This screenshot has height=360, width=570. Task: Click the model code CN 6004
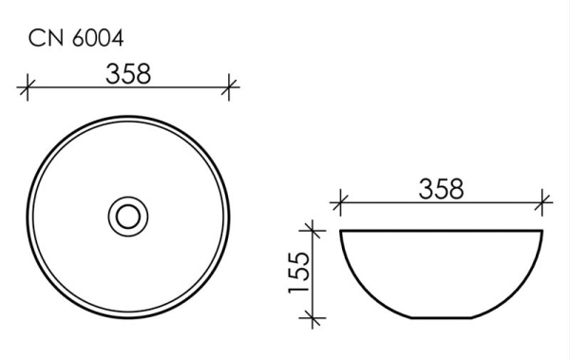pos(73,39)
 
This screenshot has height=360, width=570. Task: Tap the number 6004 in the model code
pos(98,39)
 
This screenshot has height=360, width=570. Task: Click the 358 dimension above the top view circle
pos(128,74)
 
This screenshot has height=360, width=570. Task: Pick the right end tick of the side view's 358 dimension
pos(542,201)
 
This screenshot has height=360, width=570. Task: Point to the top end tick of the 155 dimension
pos(311,229)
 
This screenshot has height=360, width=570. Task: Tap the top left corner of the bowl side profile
pos(340,230)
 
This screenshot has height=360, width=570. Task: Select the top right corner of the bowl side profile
pos(542,230)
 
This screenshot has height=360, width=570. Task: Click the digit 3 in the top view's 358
pos(110,74)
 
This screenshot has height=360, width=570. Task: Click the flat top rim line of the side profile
pos(441,230)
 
